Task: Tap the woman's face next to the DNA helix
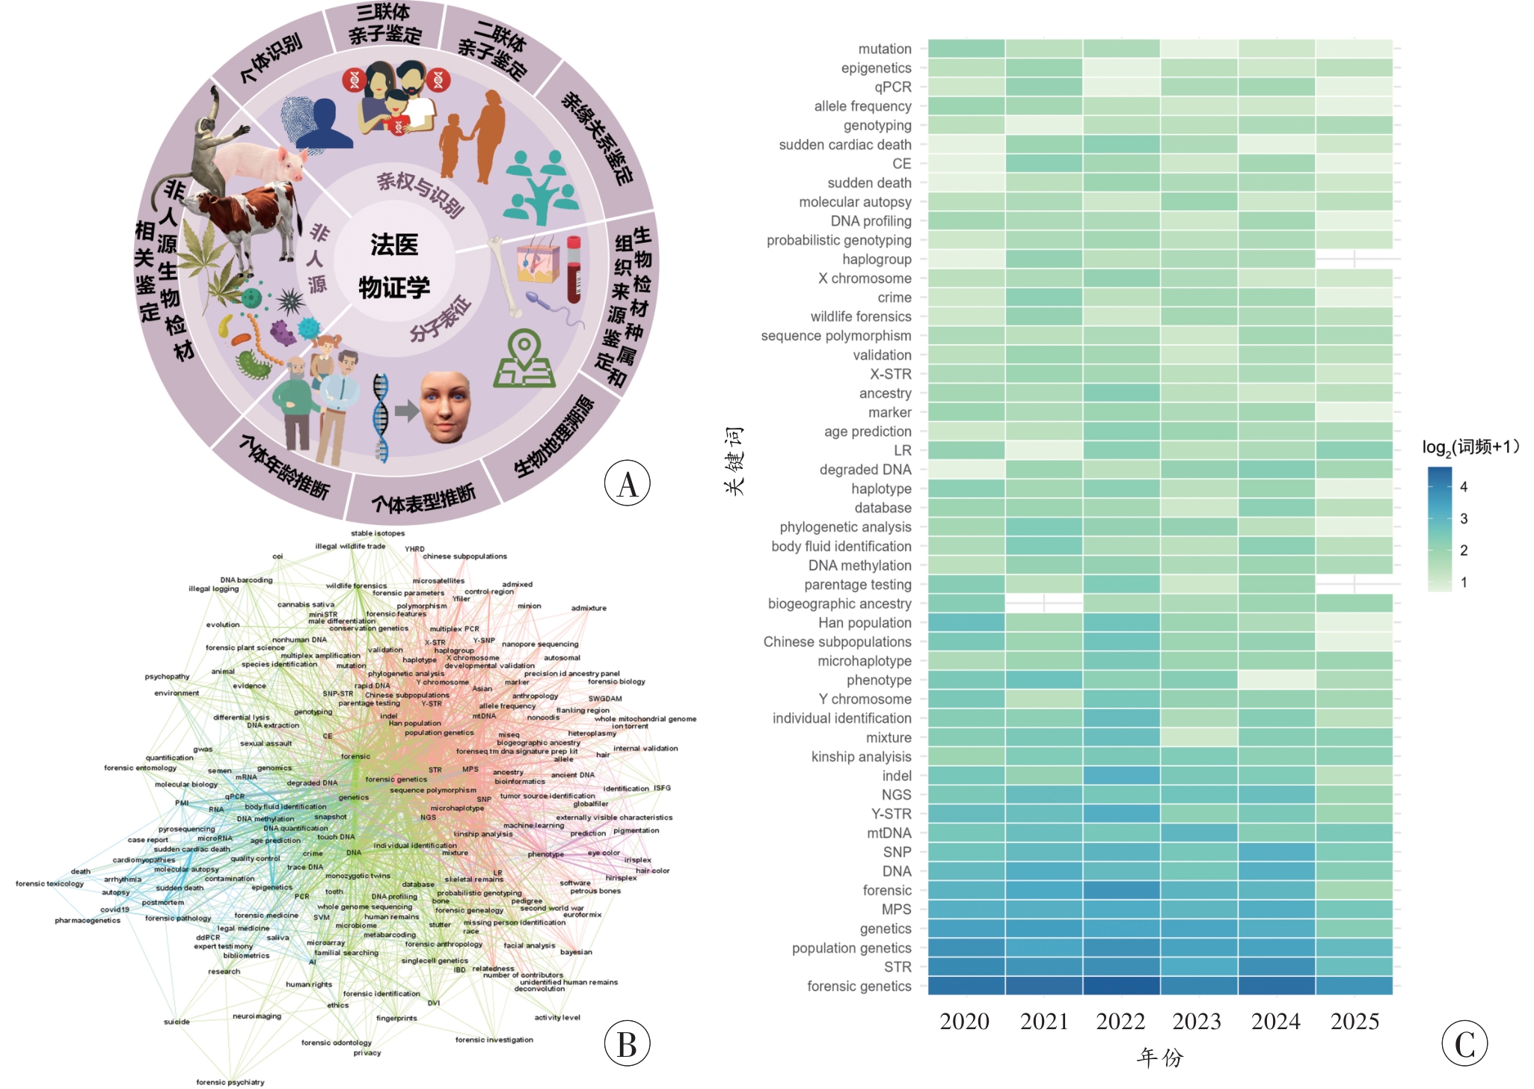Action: click(x=446, y=408)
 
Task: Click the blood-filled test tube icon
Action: click(x=574, y=269)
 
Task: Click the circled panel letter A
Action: click(x=627, y=483)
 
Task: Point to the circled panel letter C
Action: click(x=1464, y=1044)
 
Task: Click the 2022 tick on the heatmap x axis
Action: click(x=1120, y=1022)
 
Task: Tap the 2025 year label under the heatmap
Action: click(x=1354, y=1022)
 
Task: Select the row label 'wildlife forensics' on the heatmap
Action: click(x=861, y=316)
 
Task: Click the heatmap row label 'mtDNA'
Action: click(x=889, y=832)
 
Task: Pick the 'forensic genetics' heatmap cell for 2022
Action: click(x=1121, y=986)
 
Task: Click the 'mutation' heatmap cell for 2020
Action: click(x=966, y=49)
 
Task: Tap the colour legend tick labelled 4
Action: click(x=1464, y=487)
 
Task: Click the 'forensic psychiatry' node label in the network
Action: click(x=230, y=1082)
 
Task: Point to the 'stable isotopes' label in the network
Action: click(x=378, y=533)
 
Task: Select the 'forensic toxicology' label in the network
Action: click(x=49, y=883)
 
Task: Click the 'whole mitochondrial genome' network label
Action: click(x=645, y=719)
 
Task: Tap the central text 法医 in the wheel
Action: click(x=394, y=245)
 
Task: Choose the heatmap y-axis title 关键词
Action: click(x=734, y=461)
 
